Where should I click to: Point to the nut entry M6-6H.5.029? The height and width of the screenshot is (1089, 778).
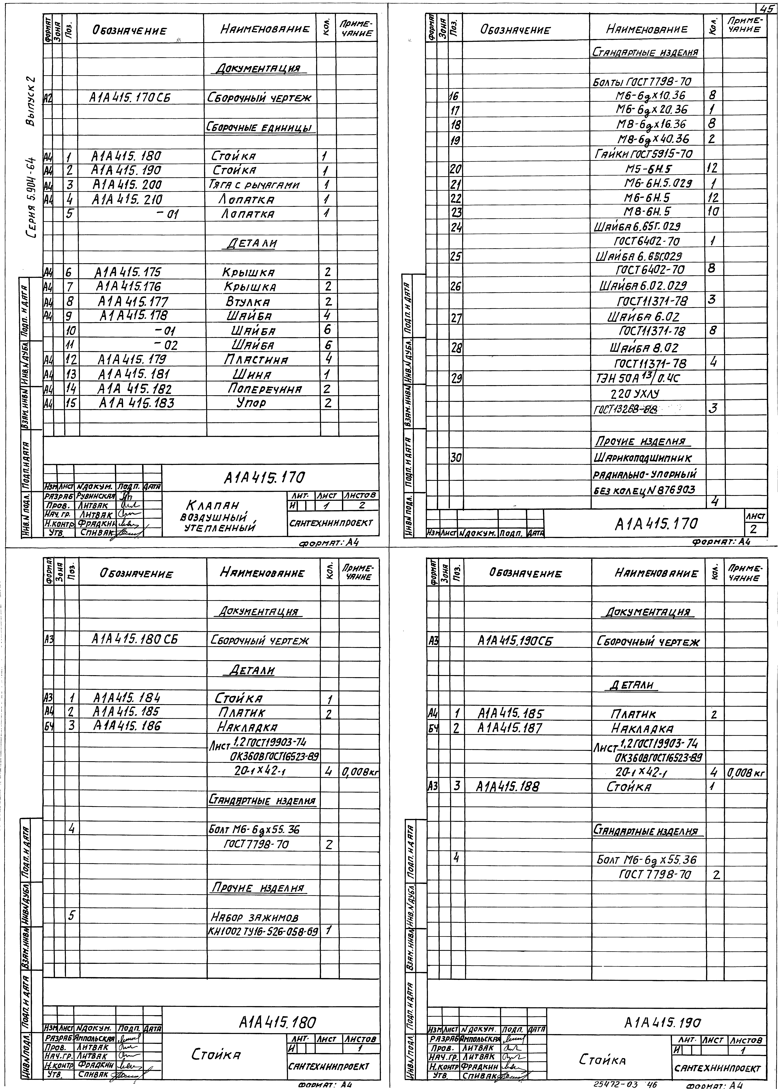(x=657, y=183)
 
